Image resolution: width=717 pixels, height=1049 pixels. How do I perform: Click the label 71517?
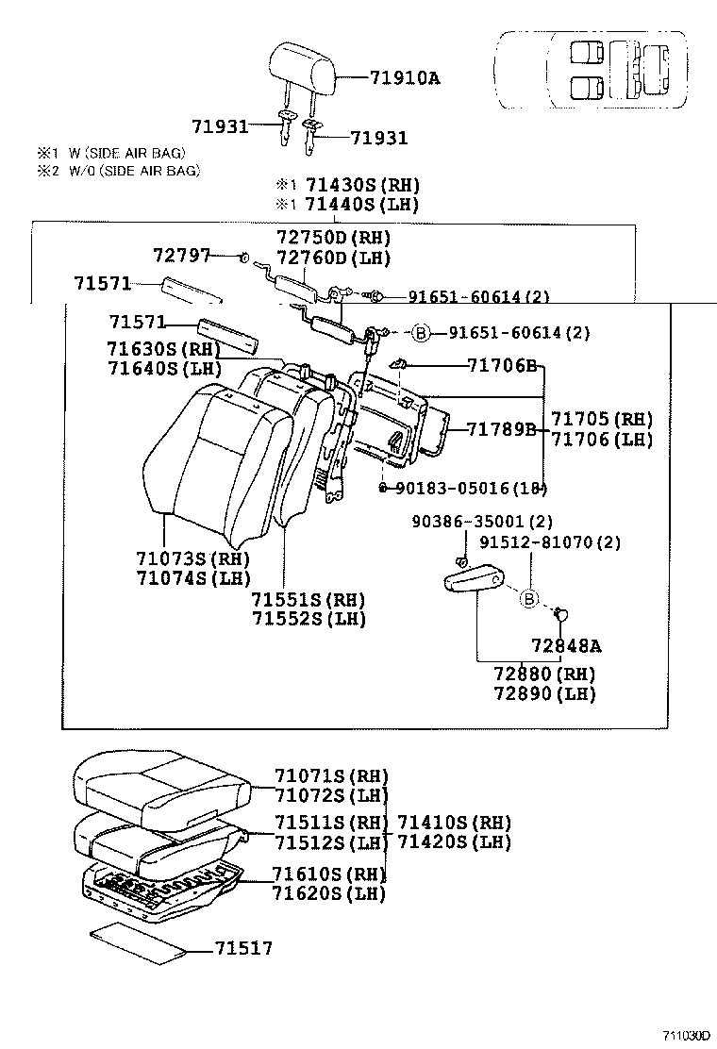243,948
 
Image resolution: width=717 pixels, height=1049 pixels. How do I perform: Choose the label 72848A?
566,645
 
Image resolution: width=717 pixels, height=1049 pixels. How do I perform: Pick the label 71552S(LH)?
308,619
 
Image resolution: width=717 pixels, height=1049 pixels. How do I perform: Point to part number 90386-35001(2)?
482,522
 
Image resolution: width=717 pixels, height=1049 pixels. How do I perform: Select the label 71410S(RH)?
455,822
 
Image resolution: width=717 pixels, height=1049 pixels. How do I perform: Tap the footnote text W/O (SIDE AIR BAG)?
131,170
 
